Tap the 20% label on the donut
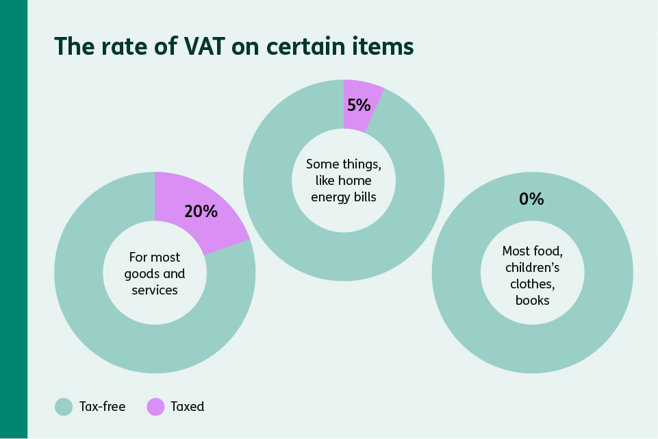coord(201,211)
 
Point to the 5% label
coord(359,105)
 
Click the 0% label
coord(531,199)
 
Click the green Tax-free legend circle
coord(64,406)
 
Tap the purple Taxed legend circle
coord(156,406)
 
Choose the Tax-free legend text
coord(103,406)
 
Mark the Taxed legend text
coord(188,406)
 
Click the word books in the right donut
coord(532,300)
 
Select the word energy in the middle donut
coord(324,197)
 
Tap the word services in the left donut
coord(155,290)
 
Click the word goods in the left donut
coord(140,273)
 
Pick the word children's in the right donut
coord(532,267)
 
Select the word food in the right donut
coord(548,251)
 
